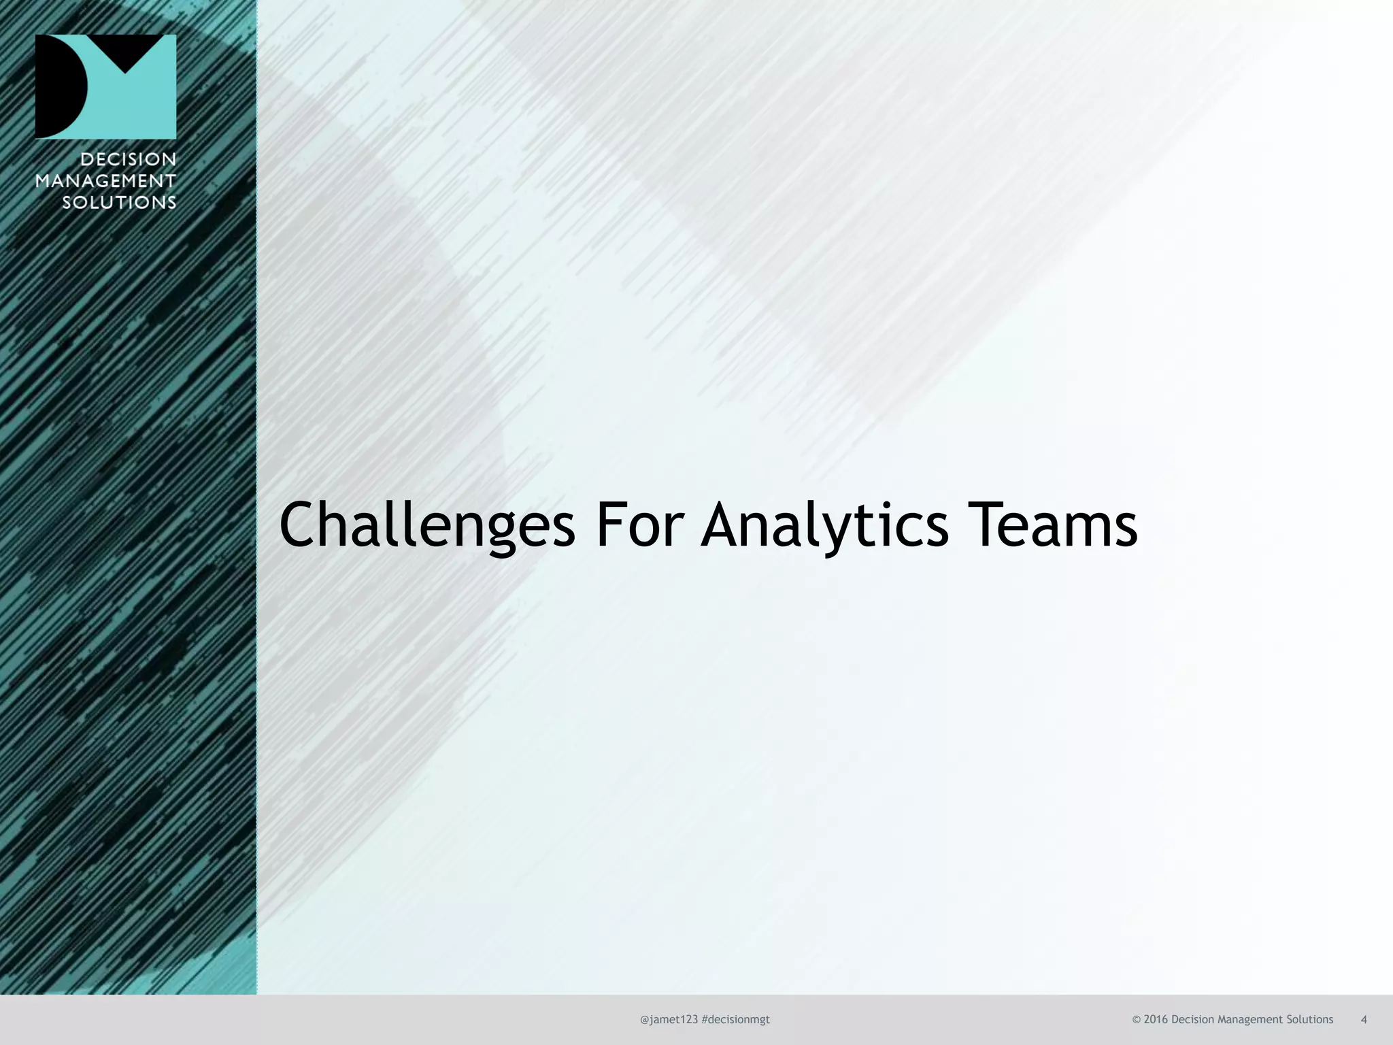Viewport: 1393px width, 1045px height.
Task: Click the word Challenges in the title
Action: [427, 525]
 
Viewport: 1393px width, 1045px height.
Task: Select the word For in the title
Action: [639, 525]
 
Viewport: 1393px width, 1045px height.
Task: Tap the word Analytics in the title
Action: [824, 525]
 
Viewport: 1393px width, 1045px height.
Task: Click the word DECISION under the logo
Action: [129, 159]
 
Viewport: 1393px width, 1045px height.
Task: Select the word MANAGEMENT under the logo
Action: [105, 181]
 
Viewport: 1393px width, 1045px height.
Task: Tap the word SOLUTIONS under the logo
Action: [119, 202]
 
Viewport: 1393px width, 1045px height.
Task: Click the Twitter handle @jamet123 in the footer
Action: [669, 1019]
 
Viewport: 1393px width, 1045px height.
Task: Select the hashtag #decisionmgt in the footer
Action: [735, 1019]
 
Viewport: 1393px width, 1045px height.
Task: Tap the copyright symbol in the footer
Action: [1136, 1019]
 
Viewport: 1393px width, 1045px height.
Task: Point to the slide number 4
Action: [1364, 1019]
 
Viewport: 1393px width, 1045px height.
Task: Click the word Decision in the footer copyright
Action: [1192, 1019]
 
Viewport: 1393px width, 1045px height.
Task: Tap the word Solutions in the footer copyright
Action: [1310, 1019]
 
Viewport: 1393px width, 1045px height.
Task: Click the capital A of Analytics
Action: [725, 525]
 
